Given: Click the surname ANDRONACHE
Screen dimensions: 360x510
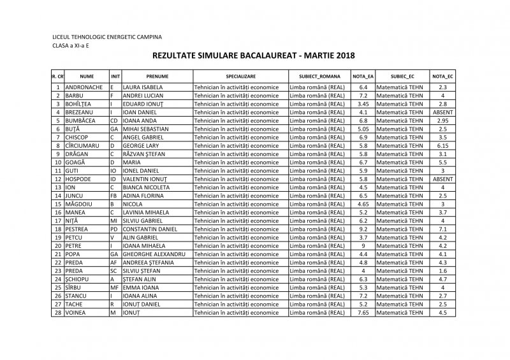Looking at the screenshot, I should (85, 87).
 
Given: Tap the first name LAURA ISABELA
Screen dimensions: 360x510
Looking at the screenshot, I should (143, 87).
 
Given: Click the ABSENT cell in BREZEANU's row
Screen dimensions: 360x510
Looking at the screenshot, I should (442, 112).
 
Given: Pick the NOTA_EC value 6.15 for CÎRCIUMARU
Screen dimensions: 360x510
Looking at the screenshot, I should (442, 145).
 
